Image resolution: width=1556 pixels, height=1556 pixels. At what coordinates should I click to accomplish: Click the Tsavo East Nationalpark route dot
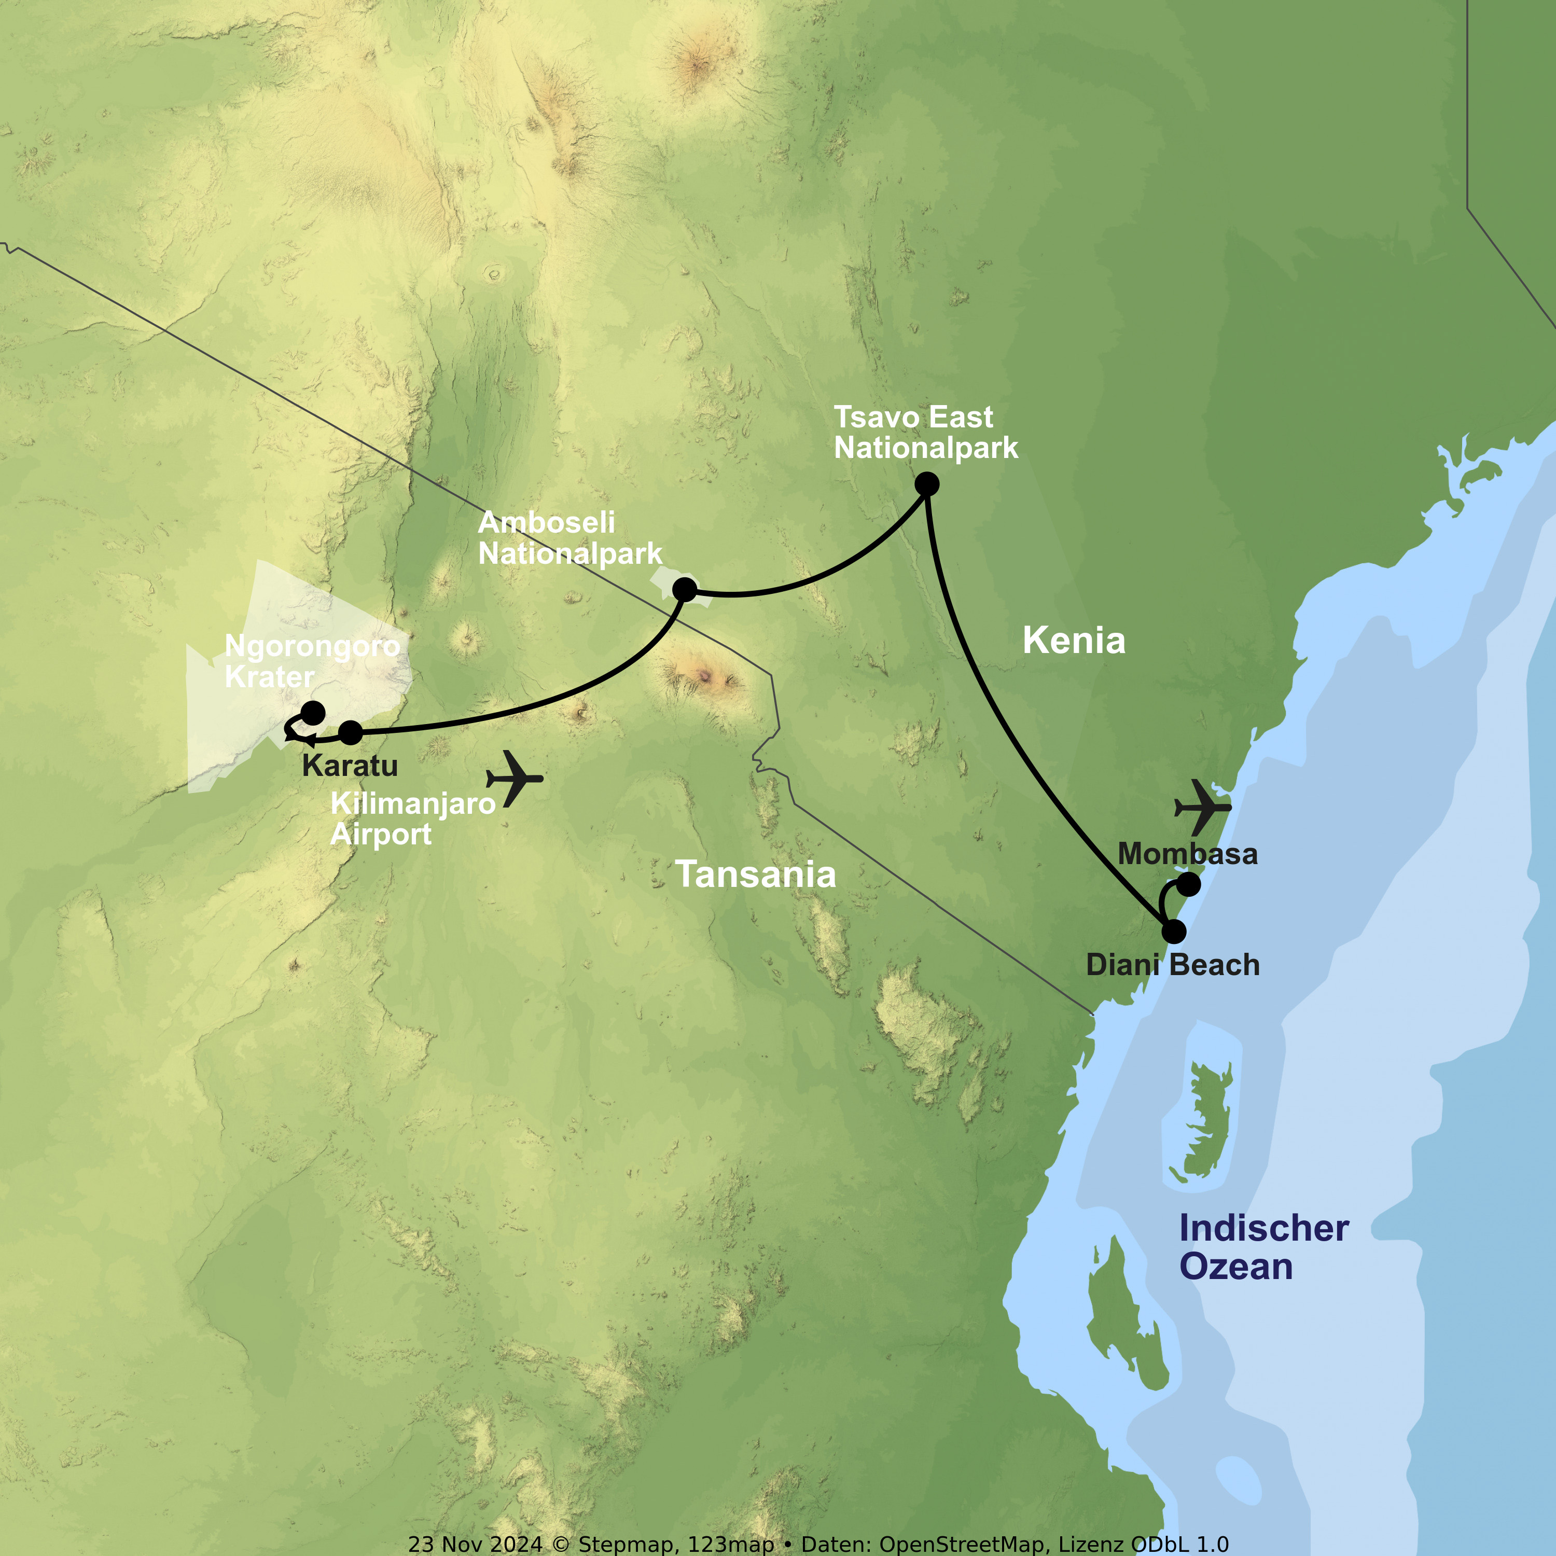coord(927,484)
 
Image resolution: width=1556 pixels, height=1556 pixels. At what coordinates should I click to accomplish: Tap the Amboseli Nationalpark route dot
coord(685,590)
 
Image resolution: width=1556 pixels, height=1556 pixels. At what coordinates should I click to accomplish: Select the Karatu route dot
coord(350,732)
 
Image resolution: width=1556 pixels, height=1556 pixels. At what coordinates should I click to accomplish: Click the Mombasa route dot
coord(1189,884)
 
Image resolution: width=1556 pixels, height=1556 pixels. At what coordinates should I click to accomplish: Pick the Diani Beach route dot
coord(1174,932)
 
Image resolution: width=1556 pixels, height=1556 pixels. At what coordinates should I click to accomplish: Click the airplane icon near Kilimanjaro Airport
coord(514,778)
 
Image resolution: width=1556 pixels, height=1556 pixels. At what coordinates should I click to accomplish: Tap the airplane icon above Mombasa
coord(1202,806)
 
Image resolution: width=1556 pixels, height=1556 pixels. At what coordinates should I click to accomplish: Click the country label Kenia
coord(1074,641)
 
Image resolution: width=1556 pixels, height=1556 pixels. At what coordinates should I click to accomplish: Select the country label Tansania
coord(756,874)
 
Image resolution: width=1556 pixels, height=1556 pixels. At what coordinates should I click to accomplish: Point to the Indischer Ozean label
coord(1263,1247)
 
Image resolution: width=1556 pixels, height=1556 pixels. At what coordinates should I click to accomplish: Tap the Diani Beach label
coord(1173,965)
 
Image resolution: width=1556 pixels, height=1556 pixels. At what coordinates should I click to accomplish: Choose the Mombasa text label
coord(1187,854)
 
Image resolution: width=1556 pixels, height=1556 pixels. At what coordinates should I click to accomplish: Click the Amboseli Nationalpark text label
coord(569,538)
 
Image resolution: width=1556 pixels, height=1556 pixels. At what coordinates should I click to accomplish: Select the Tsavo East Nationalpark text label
coord(925,433)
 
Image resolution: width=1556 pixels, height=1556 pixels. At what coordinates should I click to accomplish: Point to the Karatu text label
coord(350,765)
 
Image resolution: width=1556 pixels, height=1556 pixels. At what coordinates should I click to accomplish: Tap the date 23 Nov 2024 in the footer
coord(475,1544)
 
